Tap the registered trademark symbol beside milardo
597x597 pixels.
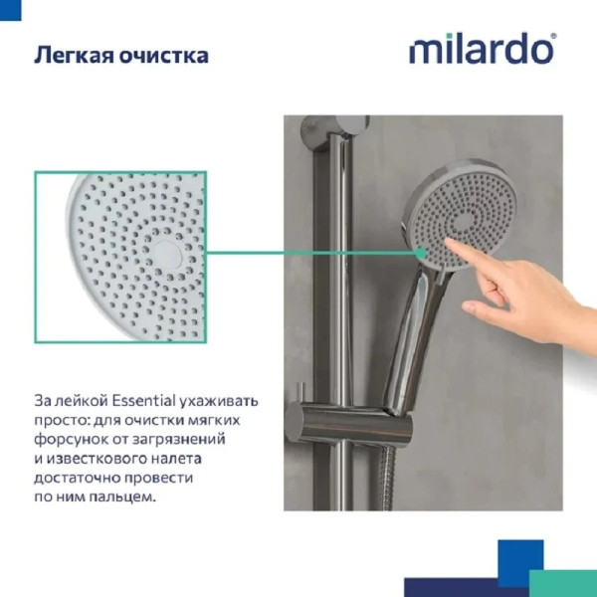[x=553, y=36]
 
